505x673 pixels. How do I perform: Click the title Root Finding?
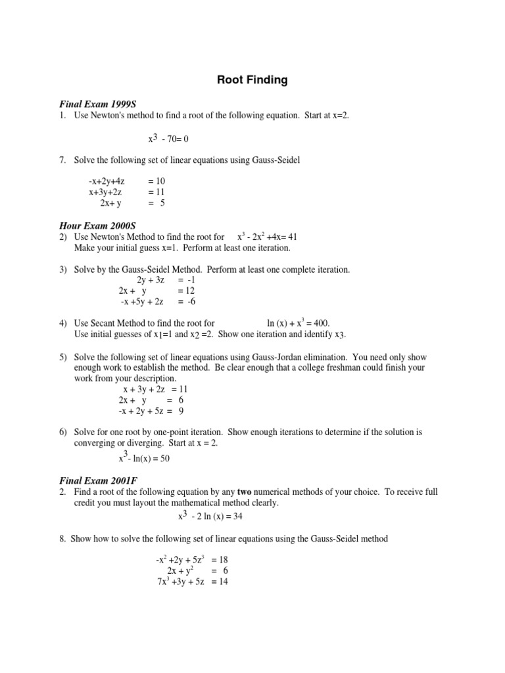coord(252,81)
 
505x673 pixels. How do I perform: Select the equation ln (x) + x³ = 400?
coord(298,323)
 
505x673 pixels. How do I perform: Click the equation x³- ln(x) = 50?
coord(144,458)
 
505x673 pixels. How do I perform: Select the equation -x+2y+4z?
coord(107,181)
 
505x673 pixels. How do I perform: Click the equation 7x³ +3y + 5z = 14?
coord(192,582)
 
